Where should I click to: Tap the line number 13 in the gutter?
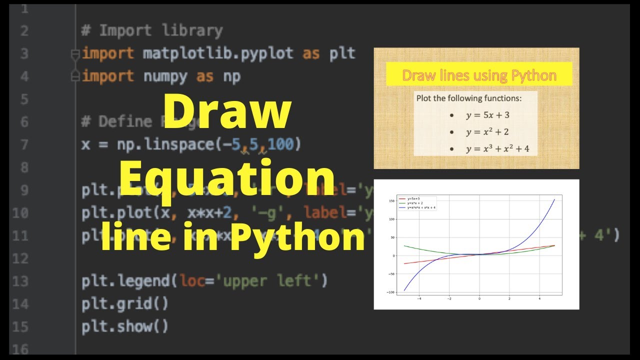coord(20,281)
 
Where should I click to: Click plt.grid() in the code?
coord(125,303)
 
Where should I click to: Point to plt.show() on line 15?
coord(125,326)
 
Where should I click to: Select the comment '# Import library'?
coord(151,30)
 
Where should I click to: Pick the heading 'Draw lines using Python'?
coord(479,75)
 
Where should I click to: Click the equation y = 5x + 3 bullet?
coord(487,115)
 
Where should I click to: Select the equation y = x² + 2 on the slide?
coord(487,132)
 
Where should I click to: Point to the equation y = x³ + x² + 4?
coord(497,149)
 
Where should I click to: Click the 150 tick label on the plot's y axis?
coord(392,201)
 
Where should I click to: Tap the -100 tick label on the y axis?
coord(391,292)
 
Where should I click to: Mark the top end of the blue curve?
coord(554,199)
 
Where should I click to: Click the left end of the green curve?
coord(404,245)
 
